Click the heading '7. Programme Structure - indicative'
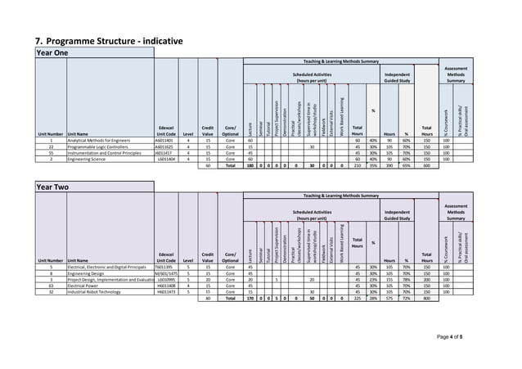point(108,40)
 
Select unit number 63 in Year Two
point(51,285)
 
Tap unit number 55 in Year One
point(51,153)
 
